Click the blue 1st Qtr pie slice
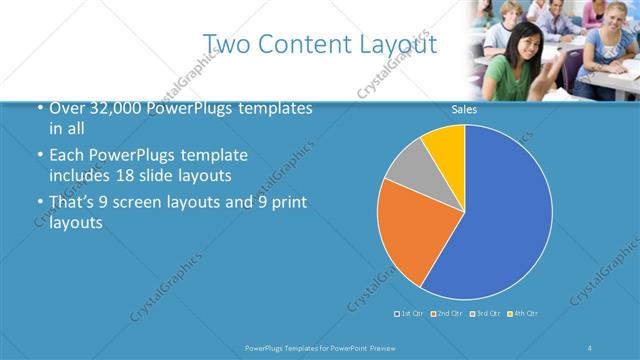[500, 220]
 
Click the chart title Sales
[464, 109]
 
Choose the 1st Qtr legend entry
[410, 314]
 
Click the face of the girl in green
[523, 47]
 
